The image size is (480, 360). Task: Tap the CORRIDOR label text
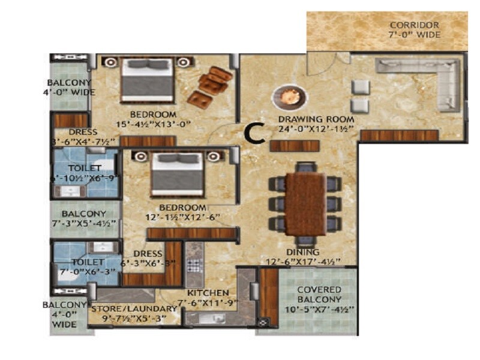click(x=414, y=25)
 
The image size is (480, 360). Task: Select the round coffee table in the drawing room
click(x=287, y=97)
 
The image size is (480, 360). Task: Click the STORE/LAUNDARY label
click(x=134, y=308)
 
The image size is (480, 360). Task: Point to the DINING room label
click(x=303, y=252)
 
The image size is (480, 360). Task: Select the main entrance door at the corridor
click(x=327, y=60)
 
